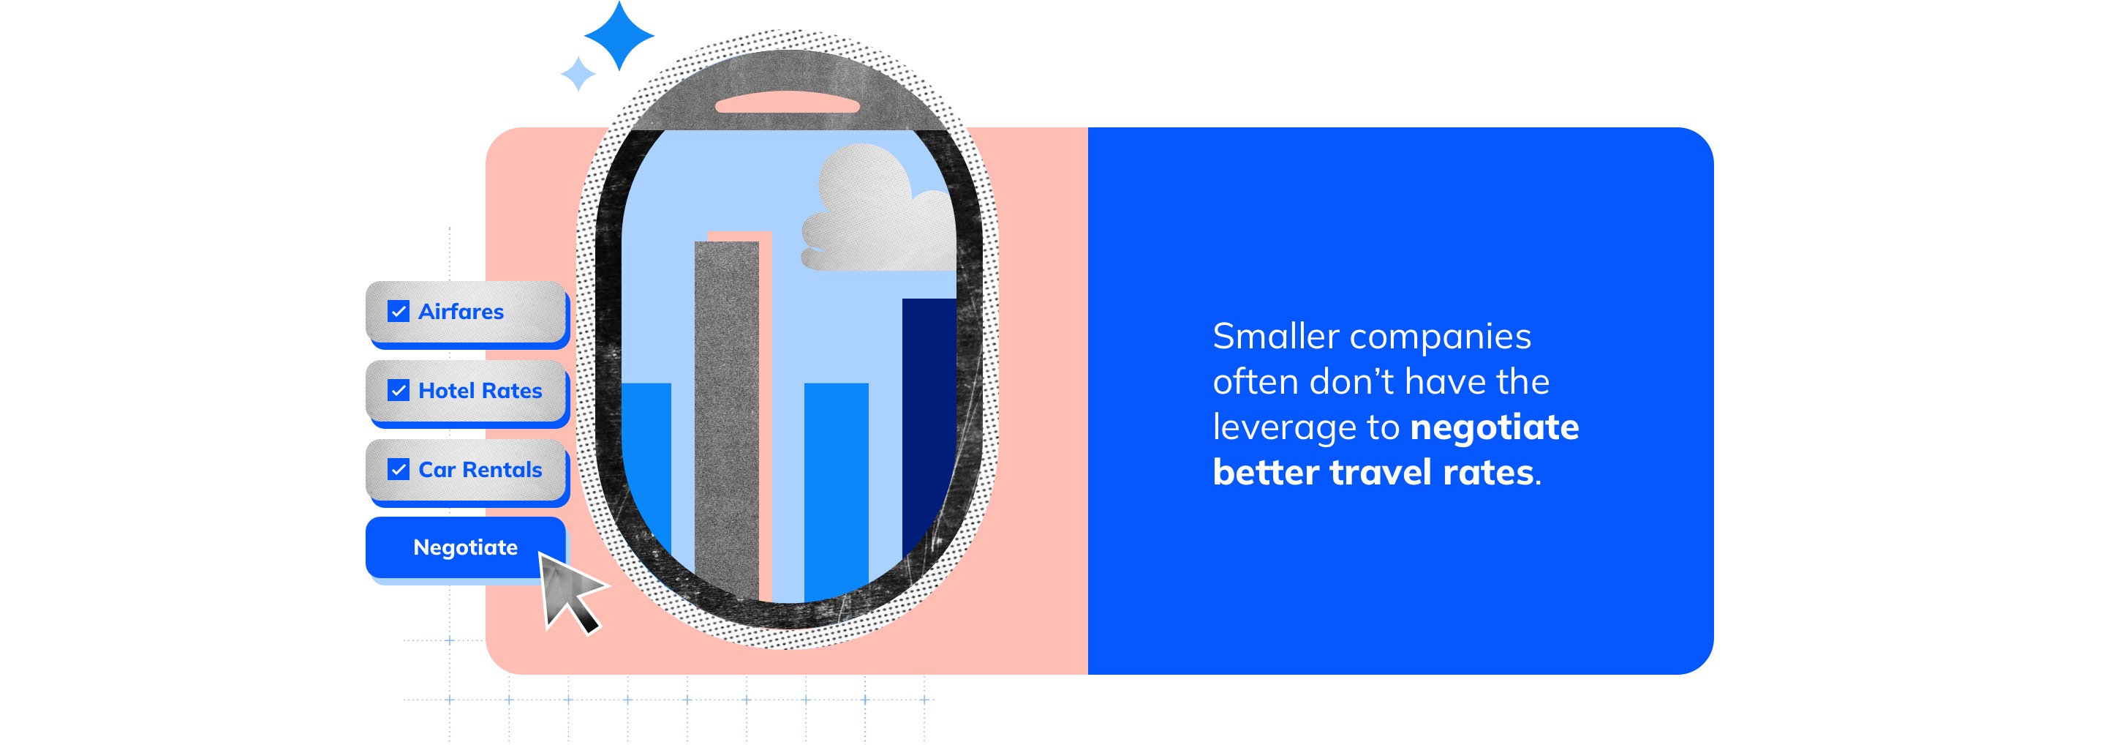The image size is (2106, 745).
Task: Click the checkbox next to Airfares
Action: tap(398, 312)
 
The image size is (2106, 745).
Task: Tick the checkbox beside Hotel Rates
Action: tap(398, 391)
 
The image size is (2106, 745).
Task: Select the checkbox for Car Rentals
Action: tap(398, 469)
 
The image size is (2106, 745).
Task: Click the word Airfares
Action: tap(461, 312)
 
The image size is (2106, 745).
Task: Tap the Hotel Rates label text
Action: tap(480, 391)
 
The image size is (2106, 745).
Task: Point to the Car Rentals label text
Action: tap(480, 469)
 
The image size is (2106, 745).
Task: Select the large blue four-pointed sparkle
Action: tap(619, 36)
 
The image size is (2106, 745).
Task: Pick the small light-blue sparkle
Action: tap(578, 74)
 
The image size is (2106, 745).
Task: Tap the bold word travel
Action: tap(1381, 473)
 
